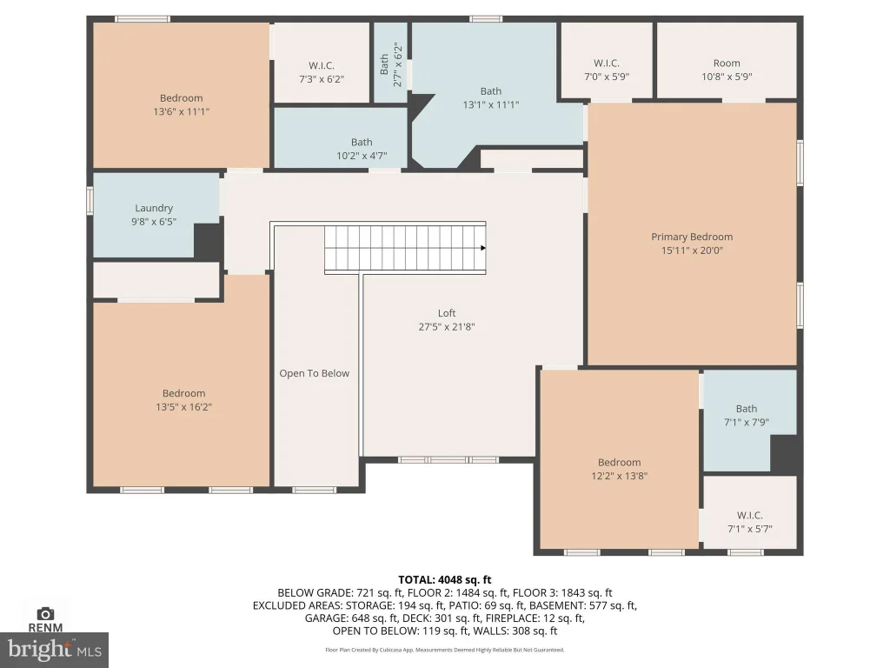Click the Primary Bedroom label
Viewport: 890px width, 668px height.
click(x=691, y=237)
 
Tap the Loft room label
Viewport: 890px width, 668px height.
click(x=447, y=313)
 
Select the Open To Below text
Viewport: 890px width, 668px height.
click(x=314, y=373)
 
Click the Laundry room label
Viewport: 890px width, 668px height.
click(x=154, y=209)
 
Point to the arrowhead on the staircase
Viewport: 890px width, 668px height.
click(x=483, y=248)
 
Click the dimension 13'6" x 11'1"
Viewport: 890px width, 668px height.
click(x=181, y=112)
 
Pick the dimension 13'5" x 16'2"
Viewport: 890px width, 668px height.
click(x=183, y=407)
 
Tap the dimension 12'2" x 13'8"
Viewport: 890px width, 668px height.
click(x=619, y=476)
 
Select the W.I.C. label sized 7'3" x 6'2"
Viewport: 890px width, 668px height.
click(x=322, y=66)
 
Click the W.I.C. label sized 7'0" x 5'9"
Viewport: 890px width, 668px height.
click(x=606, y=63)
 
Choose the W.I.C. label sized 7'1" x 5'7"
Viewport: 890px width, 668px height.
click(x=749, y=515)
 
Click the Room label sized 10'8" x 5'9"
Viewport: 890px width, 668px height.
click(x=727, y=63)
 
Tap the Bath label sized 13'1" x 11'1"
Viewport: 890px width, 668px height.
click(x=491, y=90)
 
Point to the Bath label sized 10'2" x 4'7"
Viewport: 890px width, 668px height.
click(x=362, y=142)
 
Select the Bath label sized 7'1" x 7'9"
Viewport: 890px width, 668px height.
click(x=747, y=409)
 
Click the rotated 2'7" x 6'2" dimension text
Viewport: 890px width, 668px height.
click(x=398, y=65)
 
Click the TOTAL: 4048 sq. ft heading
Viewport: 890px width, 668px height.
click(x=444, y=580)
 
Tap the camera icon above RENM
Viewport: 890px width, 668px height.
click(x=45, y=613)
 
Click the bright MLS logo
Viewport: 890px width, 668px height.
click(x=55, y=650)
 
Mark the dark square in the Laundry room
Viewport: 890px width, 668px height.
click(x=209, y=241)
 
